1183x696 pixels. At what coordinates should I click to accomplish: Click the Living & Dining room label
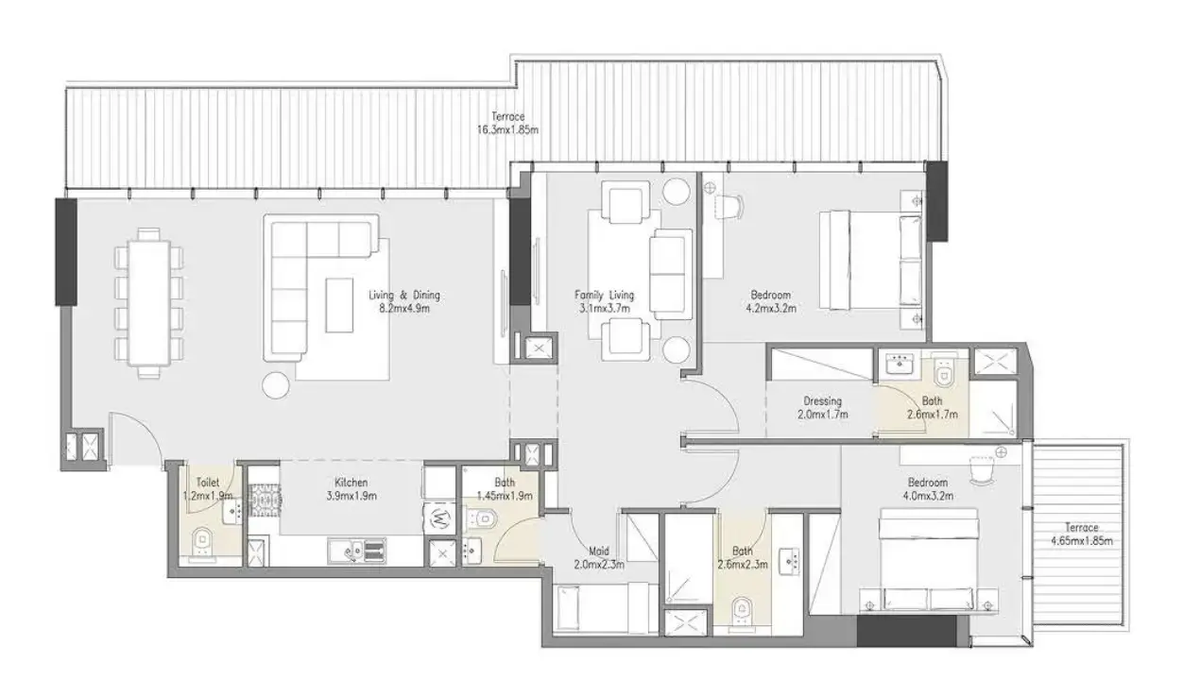[x=403, y=295]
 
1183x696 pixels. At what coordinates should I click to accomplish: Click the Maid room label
[x=598, y=552]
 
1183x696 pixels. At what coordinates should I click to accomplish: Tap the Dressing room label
[x=822, y=401]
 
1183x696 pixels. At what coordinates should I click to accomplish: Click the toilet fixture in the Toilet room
[x=200, y=542]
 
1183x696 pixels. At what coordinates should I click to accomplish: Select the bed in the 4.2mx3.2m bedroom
[x=869, y=260]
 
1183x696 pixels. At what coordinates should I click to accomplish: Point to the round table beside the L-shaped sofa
[x=276, y=384]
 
